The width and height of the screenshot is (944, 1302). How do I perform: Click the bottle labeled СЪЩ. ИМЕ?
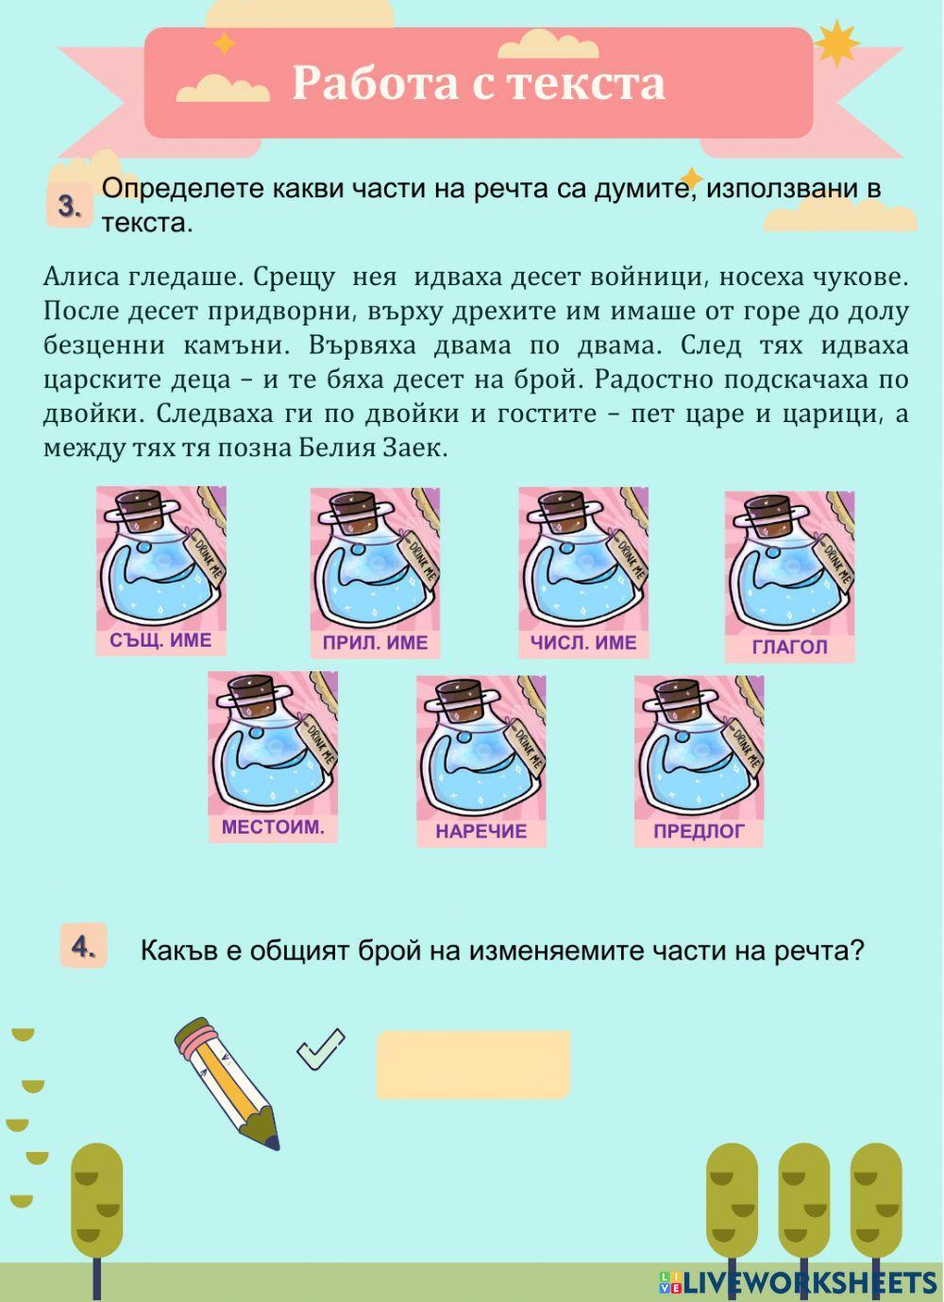point(160,561)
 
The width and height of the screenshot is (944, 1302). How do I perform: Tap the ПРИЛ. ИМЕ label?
point(375,643)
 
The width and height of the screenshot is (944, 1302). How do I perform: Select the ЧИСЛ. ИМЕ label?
point(582,643)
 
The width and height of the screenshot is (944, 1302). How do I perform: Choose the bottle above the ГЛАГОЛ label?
point(789,564)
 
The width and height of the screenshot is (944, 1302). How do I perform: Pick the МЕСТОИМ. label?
point(273,827)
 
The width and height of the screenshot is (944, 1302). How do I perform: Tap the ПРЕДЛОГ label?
point(699,832)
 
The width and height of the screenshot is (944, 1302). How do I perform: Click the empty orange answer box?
point(473,1064)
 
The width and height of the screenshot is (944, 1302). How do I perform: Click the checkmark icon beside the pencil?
point(321,1048)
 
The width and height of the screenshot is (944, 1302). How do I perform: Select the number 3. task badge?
point(69,207)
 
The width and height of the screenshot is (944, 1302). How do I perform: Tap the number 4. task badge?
point(84,947)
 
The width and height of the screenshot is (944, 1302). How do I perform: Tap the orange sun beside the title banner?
point(836,44)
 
